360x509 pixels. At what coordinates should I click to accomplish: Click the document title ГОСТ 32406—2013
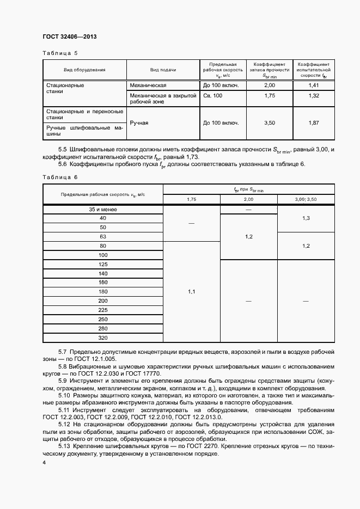point(69,38)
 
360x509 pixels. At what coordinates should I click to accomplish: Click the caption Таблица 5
point(60,53)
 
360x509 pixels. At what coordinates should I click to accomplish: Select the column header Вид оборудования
point(84,70)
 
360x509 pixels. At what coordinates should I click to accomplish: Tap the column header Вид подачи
point(163,70)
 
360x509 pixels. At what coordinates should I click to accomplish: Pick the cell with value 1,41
point(314,85)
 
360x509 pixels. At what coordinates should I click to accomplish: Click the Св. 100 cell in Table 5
point(213,96)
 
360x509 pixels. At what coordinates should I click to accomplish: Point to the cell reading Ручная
point(139,123)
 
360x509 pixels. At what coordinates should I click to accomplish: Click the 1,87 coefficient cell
point(314,123)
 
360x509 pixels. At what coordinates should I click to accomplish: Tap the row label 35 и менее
point(103,209)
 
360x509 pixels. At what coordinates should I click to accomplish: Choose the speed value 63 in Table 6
point(103,237)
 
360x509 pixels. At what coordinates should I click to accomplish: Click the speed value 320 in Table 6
point(103,338)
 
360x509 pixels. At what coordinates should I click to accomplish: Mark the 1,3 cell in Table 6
point(306,218)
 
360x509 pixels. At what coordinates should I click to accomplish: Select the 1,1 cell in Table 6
point(191,292)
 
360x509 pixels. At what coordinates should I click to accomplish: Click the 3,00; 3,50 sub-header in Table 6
point(306,200)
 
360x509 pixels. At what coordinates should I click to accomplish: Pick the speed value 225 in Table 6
point(103,310)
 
